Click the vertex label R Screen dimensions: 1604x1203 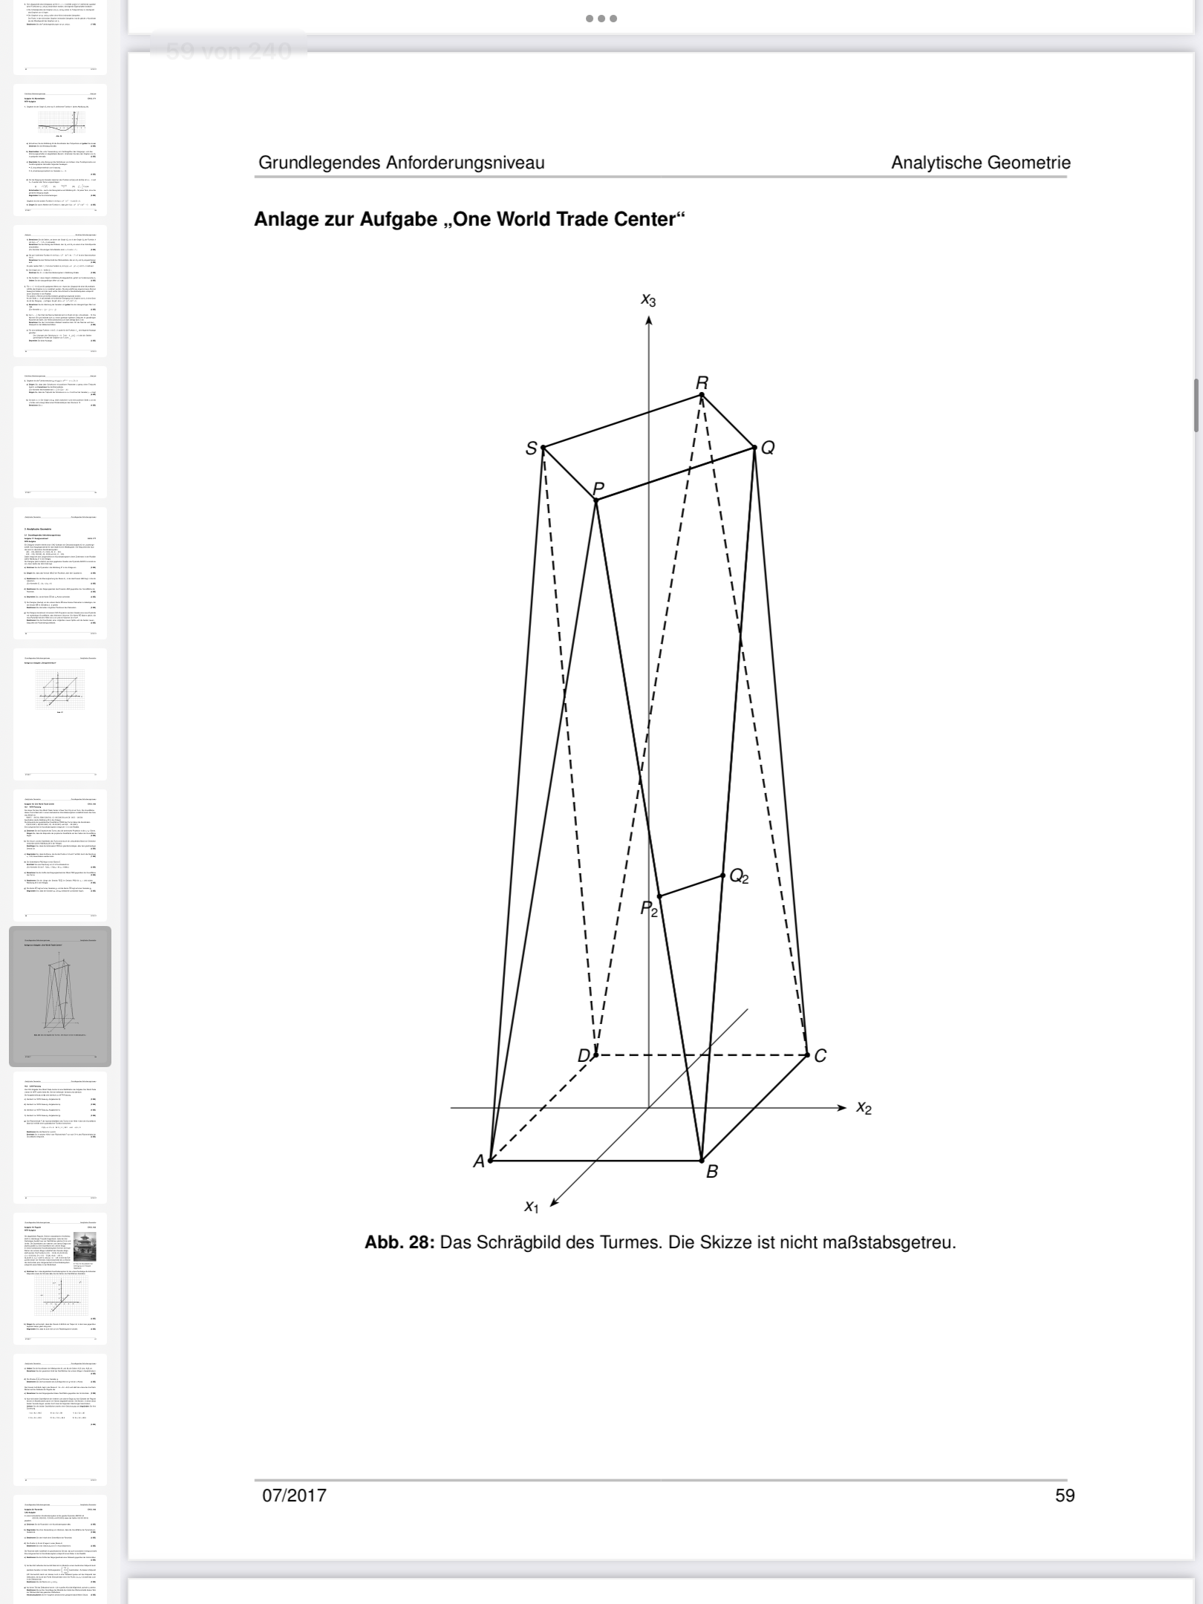(x=702, y=382)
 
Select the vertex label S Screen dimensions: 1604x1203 (x=531, y=449)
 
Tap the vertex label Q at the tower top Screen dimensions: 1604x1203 (x=768, y=448)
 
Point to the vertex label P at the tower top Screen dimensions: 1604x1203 (x=599, y=489)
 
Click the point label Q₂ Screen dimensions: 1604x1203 (x=739, y=877)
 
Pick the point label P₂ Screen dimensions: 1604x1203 (x=649, y=909)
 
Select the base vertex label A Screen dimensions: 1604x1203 (x=479, y=1161)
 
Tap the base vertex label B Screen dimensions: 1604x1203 (x=712, y=1172)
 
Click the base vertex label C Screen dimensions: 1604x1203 (x=820, y=1055)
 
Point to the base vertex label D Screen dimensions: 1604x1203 (x=584, y=1055)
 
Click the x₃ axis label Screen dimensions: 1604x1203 (x=648, y=300)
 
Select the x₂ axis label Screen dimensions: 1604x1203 (x=864, y=1107)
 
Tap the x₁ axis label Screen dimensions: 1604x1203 (x=531, y=1206)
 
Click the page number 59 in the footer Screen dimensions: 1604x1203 (x=1065, y=1495)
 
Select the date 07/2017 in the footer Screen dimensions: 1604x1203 (x=294, y=1495)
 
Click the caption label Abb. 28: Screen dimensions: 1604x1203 (x=399, y=1242)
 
